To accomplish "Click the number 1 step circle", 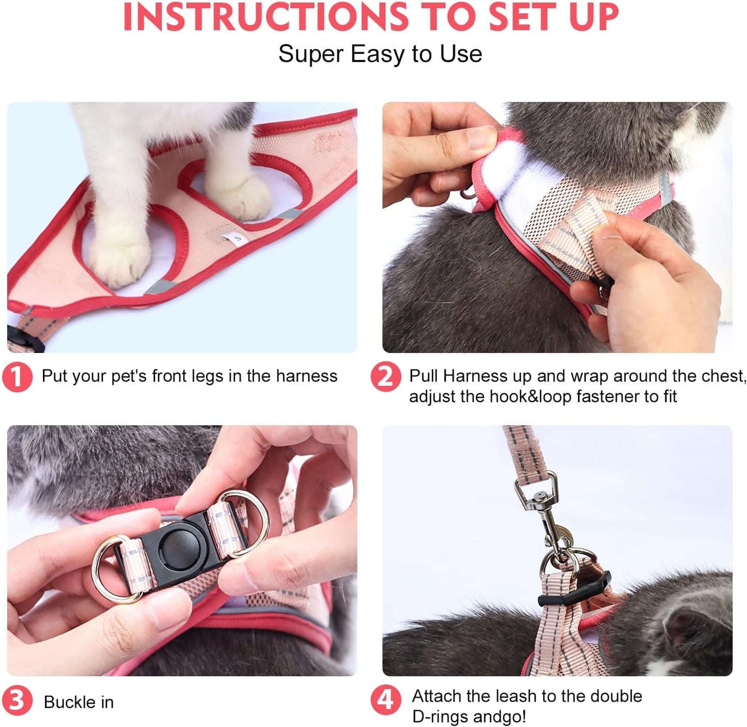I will pos(17,377).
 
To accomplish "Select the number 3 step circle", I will pos(17,701).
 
